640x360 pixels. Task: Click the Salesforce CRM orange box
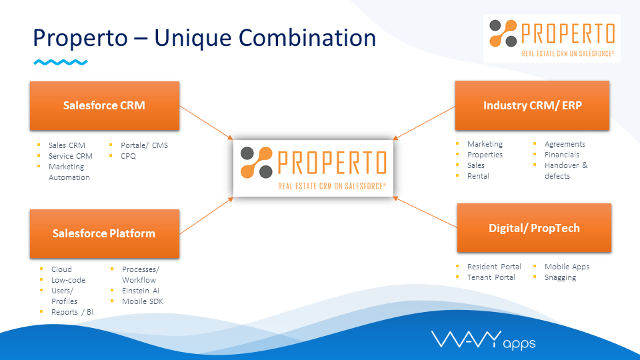[x=105, y=106]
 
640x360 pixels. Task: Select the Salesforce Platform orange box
[x=105, y=233]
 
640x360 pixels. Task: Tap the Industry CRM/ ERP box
[x=532, y=105]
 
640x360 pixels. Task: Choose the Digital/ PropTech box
[x=534, y=228]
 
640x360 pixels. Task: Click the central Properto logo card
[x=313, y=168]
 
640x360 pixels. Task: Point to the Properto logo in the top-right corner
[x=552, y=38]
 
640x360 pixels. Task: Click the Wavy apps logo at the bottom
[x=483, y=340]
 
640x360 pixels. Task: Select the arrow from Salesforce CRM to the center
[x=206, y=123]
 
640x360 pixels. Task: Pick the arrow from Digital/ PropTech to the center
[x=425, y=212]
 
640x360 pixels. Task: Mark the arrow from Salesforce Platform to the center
[x=206, y=215]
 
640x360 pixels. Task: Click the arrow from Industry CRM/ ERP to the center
[x=424, y=123]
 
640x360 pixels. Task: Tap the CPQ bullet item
[x=128, y=156]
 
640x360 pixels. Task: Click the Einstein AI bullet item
[x=141, y=291]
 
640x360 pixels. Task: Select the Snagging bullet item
[x=560, y=277]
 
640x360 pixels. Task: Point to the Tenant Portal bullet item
[x=491, y=277]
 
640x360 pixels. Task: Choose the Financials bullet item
[x=561, y=155]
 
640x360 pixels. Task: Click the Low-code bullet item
[x=68, y=280]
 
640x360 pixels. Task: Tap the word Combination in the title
[x=307, y=37]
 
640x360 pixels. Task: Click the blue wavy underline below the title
[x=61, y=63]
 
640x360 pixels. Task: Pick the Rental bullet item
[x=478, y=176]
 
